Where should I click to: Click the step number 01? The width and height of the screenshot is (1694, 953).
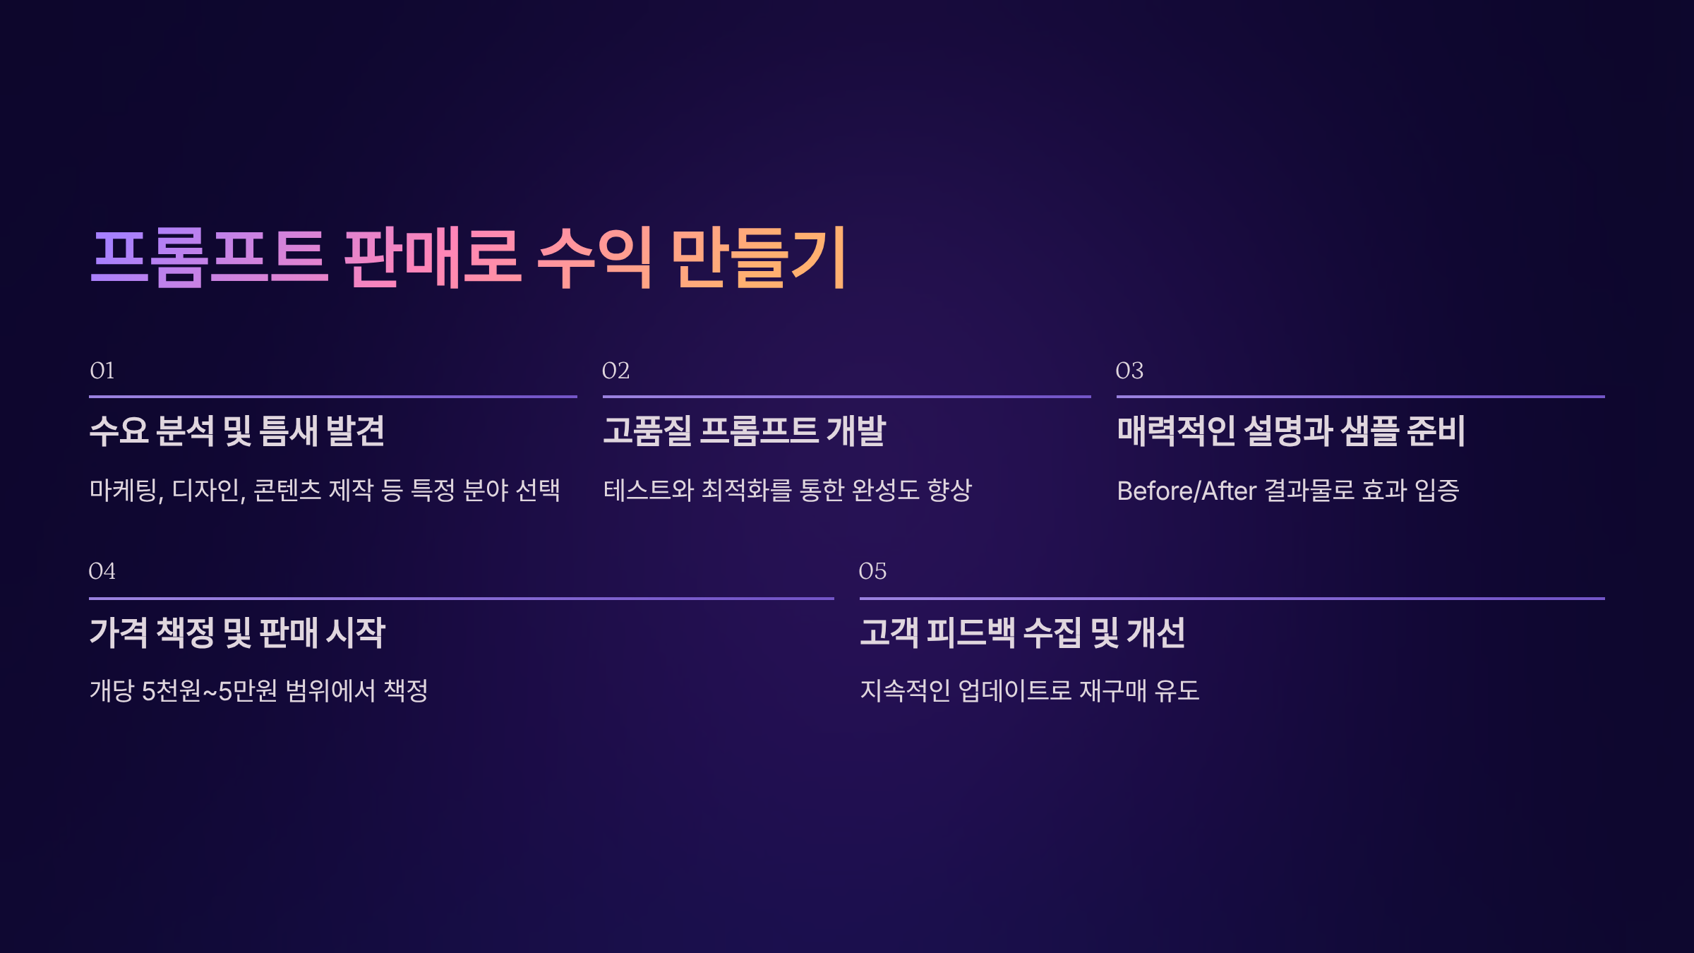tap(102, 371)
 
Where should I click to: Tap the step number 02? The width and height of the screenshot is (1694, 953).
tap(615, 371)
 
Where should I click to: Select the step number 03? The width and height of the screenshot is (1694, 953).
tap(1129, 371)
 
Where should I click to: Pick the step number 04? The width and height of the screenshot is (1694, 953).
tap(102, 571)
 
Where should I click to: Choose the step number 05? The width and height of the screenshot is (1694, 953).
tap(872, 571)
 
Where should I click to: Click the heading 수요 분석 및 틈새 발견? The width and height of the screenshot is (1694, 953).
tap(237, 431)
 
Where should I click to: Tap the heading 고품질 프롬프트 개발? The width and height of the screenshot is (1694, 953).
tap(744, 431)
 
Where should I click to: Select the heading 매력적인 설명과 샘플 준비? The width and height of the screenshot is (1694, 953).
tap(1291, 431)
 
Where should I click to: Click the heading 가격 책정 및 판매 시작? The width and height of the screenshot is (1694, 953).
tap(237, 633)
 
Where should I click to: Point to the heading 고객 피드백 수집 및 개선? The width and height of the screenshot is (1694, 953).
tap(1023, 633)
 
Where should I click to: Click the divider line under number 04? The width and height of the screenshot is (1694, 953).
tap(461, 599)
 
